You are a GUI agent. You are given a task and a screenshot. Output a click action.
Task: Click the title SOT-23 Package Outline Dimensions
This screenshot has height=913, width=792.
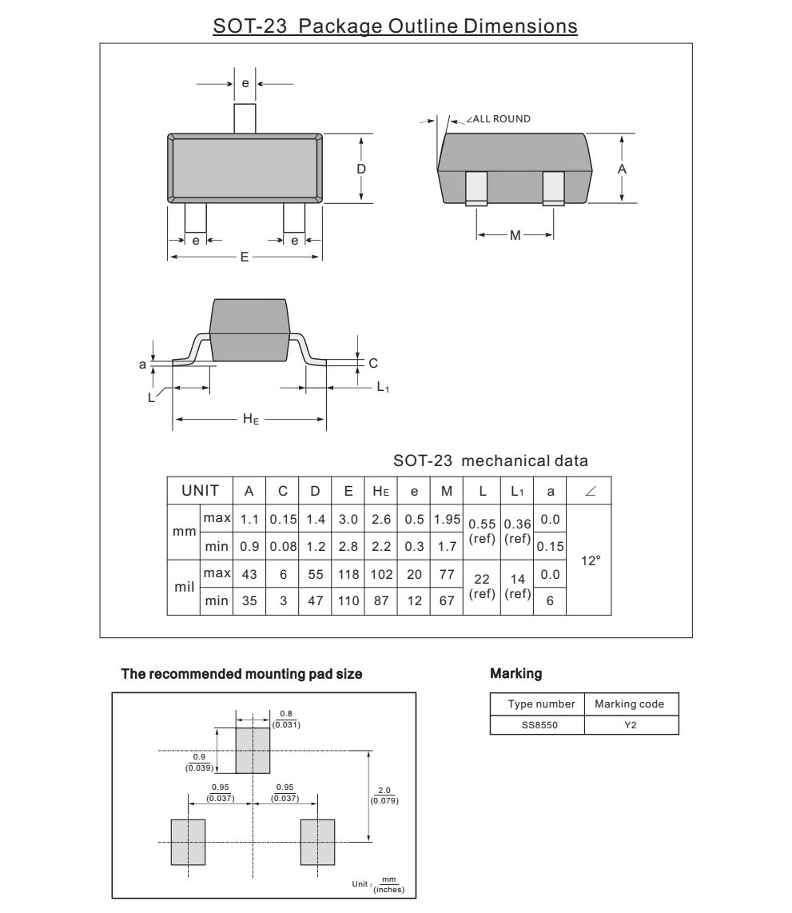(395, 26)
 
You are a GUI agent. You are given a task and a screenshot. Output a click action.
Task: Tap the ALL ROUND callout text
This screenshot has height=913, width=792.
(501, 119)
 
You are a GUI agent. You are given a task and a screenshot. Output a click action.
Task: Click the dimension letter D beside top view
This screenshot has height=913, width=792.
(361, 169)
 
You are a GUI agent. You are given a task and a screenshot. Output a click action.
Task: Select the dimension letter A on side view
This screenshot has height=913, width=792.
(622, 169)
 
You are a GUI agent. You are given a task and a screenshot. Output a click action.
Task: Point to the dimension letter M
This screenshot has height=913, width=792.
(515, 235)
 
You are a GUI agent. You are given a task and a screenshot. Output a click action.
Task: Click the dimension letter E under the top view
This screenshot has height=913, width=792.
(245, 257)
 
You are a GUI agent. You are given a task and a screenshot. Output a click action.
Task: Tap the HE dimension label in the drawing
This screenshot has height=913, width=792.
(250, 419)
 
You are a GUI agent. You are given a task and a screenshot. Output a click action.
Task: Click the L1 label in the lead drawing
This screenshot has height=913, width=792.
(384, 388)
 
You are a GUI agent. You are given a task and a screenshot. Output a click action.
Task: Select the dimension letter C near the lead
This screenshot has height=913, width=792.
(372, 362)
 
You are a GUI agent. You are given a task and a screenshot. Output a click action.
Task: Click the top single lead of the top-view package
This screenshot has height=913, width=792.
(245, 118)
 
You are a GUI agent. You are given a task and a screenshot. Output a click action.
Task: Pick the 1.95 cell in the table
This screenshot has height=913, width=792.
(447, 519)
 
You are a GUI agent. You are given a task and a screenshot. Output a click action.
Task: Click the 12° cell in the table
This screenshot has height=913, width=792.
(590, 561)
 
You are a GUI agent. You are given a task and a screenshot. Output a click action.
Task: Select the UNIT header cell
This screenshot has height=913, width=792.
(199, 489)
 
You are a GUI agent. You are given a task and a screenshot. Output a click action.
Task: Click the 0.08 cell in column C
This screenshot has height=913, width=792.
(282, 547)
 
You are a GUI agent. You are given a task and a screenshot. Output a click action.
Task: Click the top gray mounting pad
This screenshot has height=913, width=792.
(253, 751)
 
